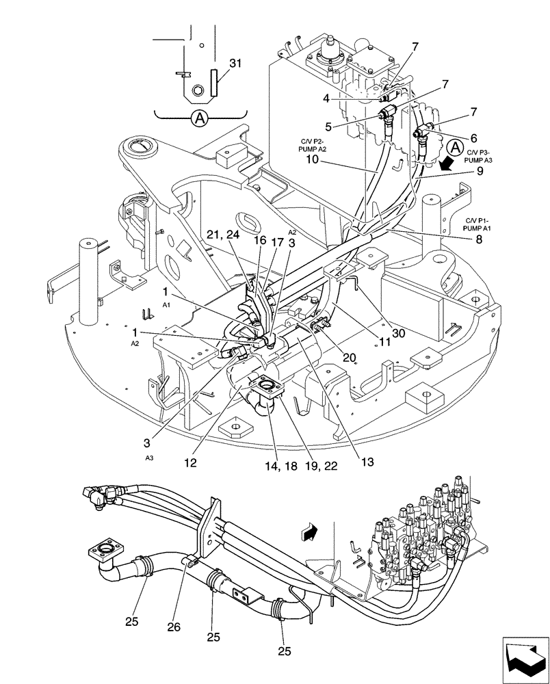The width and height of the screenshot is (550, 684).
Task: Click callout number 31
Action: click(x=235, y=63)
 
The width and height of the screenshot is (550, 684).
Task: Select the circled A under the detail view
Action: click(x=199, y=118)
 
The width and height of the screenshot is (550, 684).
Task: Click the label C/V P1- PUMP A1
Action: click(x=479, y=226)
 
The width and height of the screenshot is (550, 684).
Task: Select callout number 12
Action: click(x=190, y=462)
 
